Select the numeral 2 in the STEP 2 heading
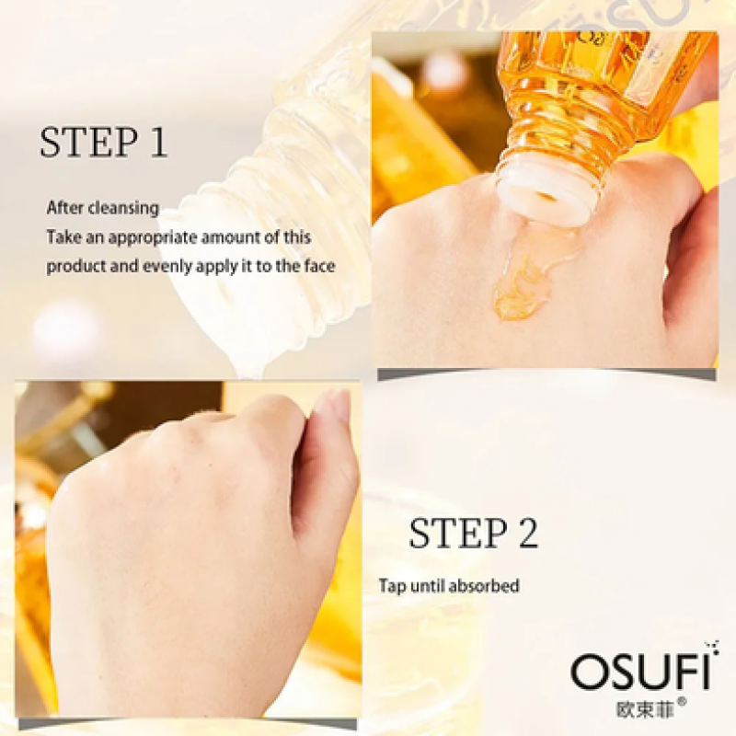525,535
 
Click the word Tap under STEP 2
392,585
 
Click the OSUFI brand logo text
640,673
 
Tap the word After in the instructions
63,208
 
